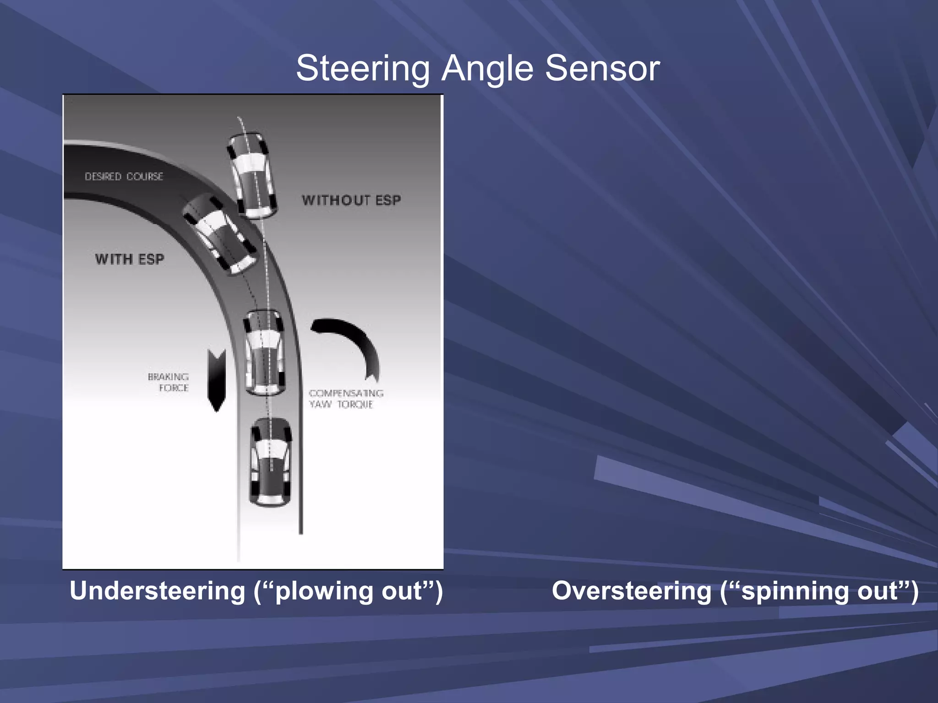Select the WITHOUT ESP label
tap(351, 200)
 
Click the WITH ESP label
tap(130, 260)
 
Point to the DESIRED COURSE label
tap(124, 177)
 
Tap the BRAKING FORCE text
tap(169, 382)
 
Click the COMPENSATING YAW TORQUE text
tap(346, 399)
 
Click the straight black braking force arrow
tap(217, 380)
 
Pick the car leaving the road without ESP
tap(252, 175)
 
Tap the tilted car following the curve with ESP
tap(221, 234)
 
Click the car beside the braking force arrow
tap(264, 352)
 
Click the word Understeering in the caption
tap(158, 591)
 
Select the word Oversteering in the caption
tap(631, 591)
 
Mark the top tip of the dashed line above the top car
tap(238, 118)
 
